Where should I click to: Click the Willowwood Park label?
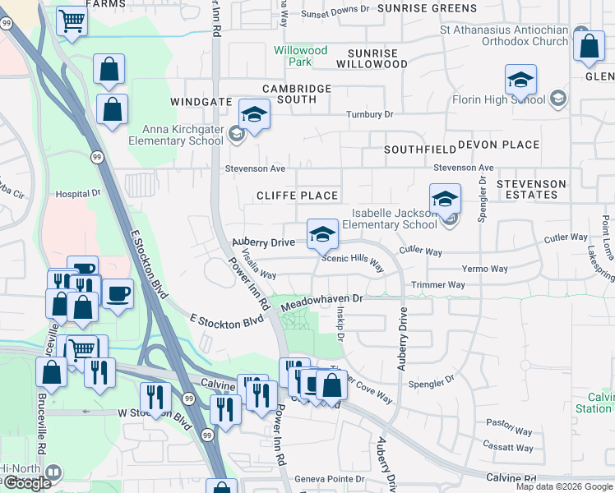pyautogui.click(x=301, y=56)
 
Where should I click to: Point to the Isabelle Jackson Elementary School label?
pyautogui.click(x=389, y=218)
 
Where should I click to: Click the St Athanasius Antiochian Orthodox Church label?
pyautogui.click(x=503, y=35)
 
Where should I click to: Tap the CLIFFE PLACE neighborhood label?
pyautogui.click(x=297, y=196)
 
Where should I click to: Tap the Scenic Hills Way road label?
pyautogui.click(x=352, y=262)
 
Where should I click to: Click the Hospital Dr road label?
pyautogui.click(x=77, y=194)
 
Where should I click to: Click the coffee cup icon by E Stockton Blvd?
pyautogui.click(x=118, y=293)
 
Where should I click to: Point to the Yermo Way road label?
pyautogui.click(x=484, y=269)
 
